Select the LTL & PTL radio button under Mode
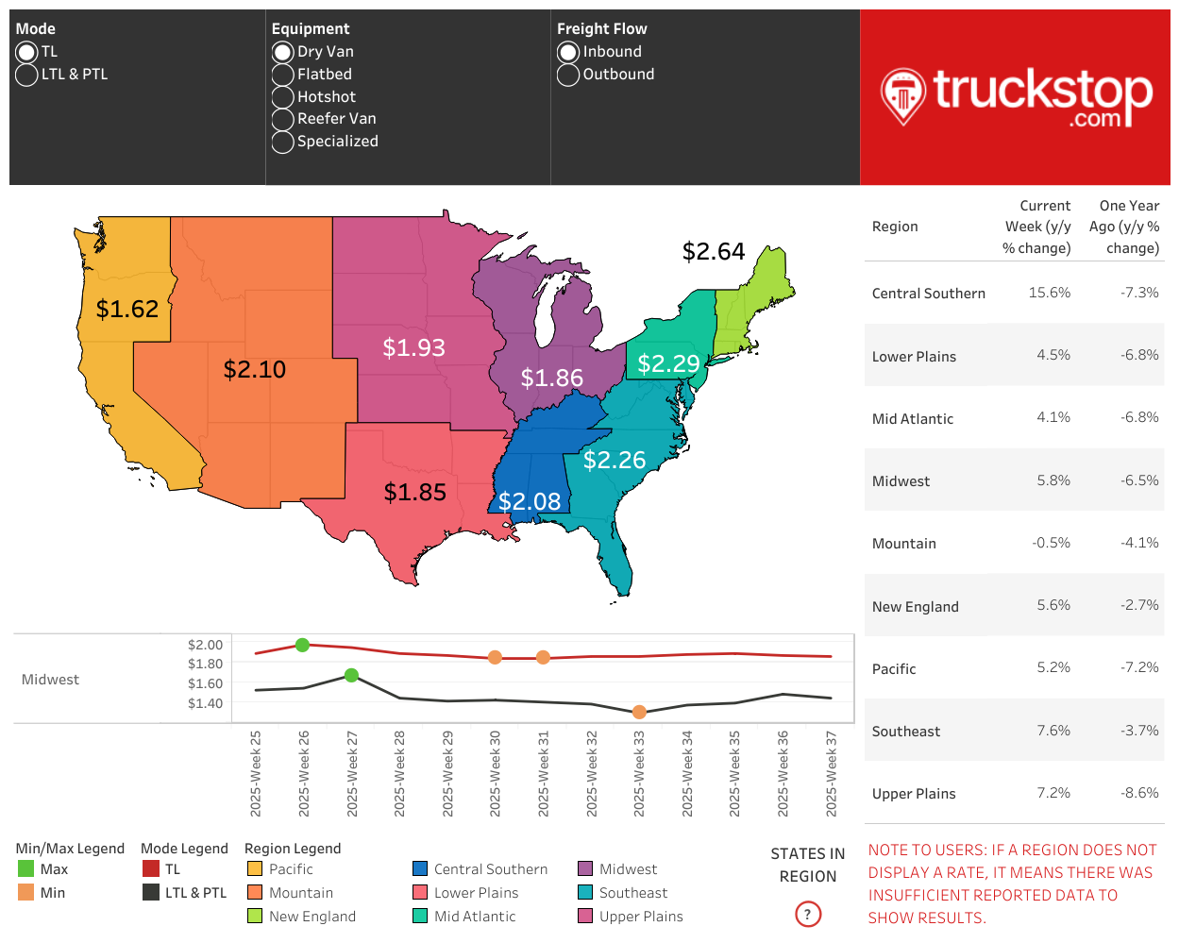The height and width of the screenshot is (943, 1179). pos(26,75)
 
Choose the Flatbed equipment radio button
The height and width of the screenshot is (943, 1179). pos(282,75)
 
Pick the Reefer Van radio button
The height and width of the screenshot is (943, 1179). pos(282,119)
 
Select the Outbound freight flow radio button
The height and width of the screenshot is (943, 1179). pos(567,75)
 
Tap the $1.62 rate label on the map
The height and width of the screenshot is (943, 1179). pos(127,309)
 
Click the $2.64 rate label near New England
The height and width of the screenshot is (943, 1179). pos(714,251)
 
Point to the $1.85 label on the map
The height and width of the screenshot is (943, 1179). pos(414,492)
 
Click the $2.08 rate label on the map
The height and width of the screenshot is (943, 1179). pos(530,501)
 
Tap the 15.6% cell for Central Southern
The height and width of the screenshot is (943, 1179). pos(1049,293)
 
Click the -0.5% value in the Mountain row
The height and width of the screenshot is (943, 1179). pos(1051,543)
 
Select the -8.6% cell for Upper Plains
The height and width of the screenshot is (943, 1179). pos(1139,793)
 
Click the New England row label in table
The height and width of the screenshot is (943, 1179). pos(915,607)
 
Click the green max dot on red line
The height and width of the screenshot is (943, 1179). pos(303,645)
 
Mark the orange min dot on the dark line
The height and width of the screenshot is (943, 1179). pos(639,712)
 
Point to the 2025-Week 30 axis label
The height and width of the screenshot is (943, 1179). pos(496,773)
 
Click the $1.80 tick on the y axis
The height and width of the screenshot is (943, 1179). pos(205,664)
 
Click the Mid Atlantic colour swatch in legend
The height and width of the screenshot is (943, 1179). pos(420,916)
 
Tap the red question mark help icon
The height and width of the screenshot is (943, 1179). pos(808,914)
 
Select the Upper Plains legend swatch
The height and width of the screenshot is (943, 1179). pos(585,916)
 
